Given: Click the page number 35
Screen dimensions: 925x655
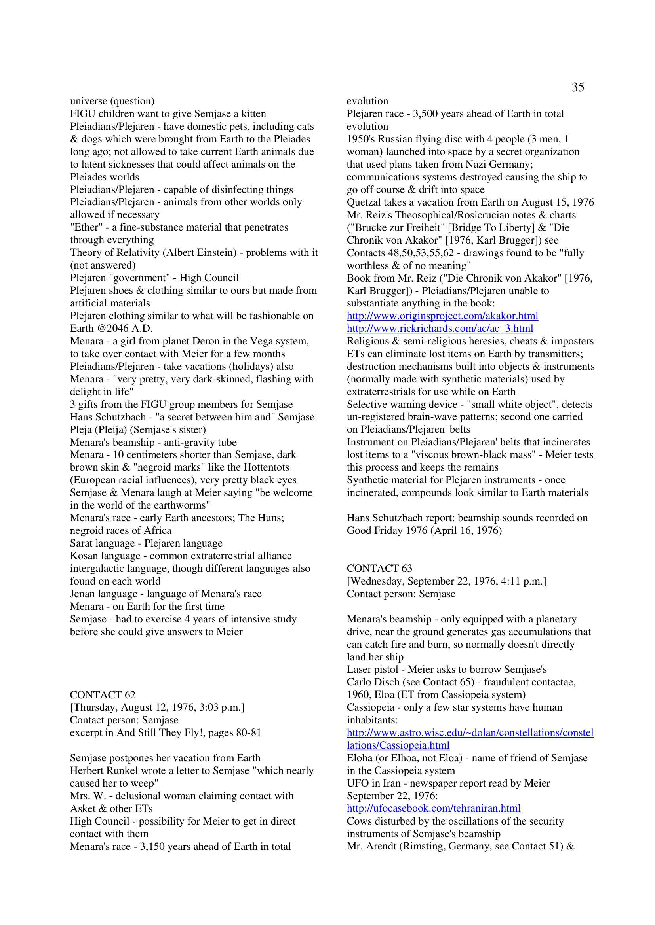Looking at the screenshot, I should [577, 87].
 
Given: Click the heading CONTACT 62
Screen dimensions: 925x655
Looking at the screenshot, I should [103, 695].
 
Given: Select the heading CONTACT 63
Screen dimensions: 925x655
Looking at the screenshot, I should [379, 568].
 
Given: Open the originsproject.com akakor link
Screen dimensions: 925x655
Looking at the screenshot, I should [442, 316].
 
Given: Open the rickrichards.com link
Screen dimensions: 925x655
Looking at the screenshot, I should [440, 329].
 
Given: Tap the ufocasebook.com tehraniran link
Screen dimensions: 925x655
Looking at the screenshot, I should [433, 808].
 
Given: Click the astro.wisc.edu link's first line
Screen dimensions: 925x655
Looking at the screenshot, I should [470, 733].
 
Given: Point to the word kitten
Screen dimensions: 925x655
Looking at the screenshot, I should [254, 114].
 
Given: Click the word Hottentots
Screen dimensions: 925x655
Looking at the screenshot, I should [263, 467].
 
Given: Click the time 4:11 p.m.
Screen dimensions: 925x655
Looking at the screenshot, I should [520, 581].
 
